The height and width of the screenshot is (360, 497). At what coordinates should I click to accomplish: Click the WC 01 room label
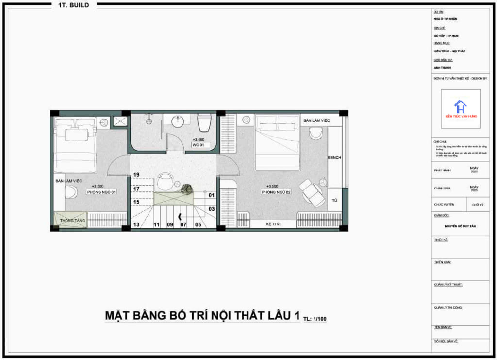198,145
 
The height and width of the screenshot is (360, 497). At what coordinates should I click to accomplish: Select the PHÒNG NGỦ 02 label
276,192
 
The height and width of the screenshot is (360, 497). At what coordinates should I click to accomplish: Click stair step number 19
136,175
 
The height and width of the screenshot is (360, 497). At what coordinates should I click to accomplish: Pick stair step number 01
212,195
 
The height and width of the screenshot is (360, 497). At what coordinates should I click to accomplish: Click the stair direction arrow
181,217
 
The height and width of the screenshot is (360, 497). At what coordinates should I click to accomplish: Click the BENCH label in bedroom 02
334,158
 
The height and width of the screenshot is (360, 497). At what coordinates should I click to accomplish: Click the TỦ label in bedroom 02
334,200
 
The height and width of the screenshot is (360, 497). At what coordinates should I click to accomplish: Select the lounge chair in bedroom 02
311,191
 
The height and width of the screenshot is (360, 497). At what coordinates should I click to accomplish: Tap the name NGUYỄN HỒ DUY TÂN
461,226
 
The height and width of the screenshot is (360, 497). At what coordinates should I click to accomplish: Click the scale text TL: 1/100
315,319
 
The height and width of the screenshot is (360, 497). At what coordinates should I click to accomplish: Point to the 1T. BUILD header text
74,5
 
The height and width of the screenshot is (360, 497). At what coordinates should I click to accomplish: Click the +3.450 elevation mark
198,140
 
